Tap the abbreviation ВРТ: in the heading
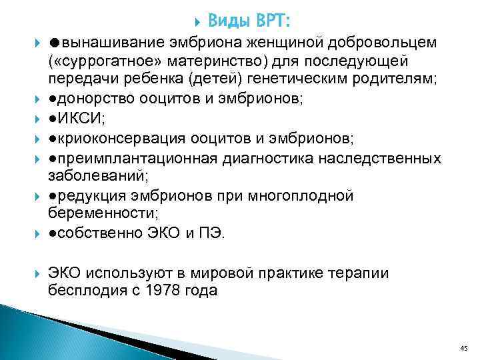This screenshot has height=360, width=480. point(272,21)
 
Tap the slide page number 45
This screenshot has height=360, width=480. point(464,347)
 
